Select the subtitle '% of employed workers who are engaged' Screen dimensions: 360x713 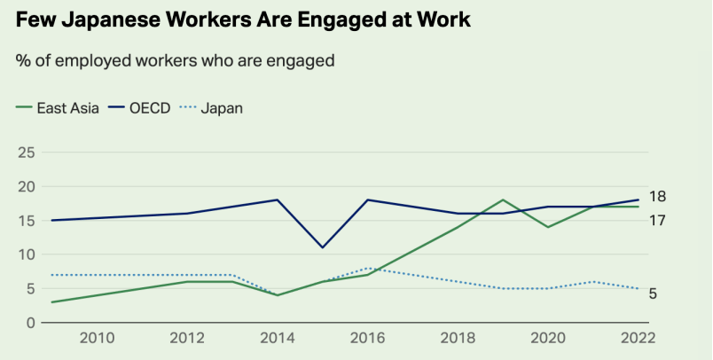pos(175,60)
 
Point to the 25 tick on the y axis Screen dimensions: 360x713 pos(26,153)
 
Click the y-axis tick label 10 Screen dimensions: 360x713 pos(26,254)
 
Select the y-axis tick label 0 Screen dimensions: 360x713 pos(30,323)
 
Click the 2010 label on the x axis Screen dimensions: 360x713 pos(97,338)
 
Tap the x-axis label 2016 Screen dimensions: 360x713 pos(367,338)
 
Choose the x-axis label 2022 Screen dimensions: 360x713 pos(638,338)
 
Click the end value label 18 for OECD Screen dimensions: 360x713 pos(657,197)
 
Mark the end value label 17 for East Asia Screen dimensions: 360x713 pos(657,219)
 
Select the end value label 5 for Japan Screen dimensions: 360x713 pos(653,293)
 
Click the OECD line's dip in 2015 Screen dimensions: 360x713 pos(322,247)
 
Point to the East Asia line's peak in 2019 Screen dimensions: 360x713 pos(503,200)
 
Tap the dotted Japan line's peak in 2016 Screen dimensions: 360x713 pos(367,268)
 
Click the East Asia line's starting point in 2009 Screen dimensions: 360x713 pos(51,302)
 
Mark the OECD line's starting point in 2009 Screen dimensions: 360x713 pos(51,221)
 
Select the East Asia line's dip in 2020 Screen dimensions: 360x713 pos(548,227)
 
